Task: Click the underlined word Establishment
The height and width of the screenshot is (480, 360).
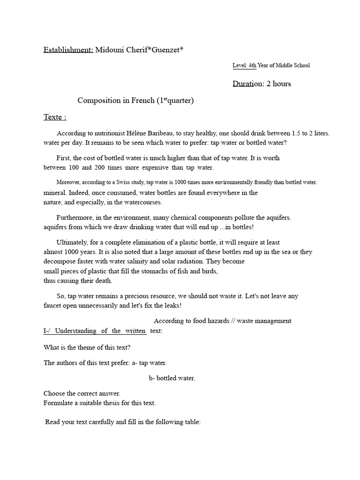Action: pyautogui.click(x=68, y=50)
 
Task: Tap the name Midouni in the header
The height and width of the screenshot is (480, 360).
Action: pyautogui.click(x=111, y=50)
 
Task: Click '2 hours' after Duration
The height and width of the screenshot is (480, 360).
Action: pyautogui.click(x=278, y=84)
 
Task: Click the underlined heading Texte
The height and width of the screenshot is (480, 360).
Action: pyautogui.click(x=54, y=117)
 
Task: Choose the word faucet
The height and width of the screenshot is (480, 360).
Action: pyautogui.click(x=53, y=306)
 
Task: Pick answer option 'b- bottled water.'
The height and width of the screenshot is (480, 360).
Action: pyautogui.click(x=172, y=378)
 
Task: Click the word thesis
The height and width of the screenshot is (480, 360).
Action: pyautogui.click(x=116, y=403)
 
